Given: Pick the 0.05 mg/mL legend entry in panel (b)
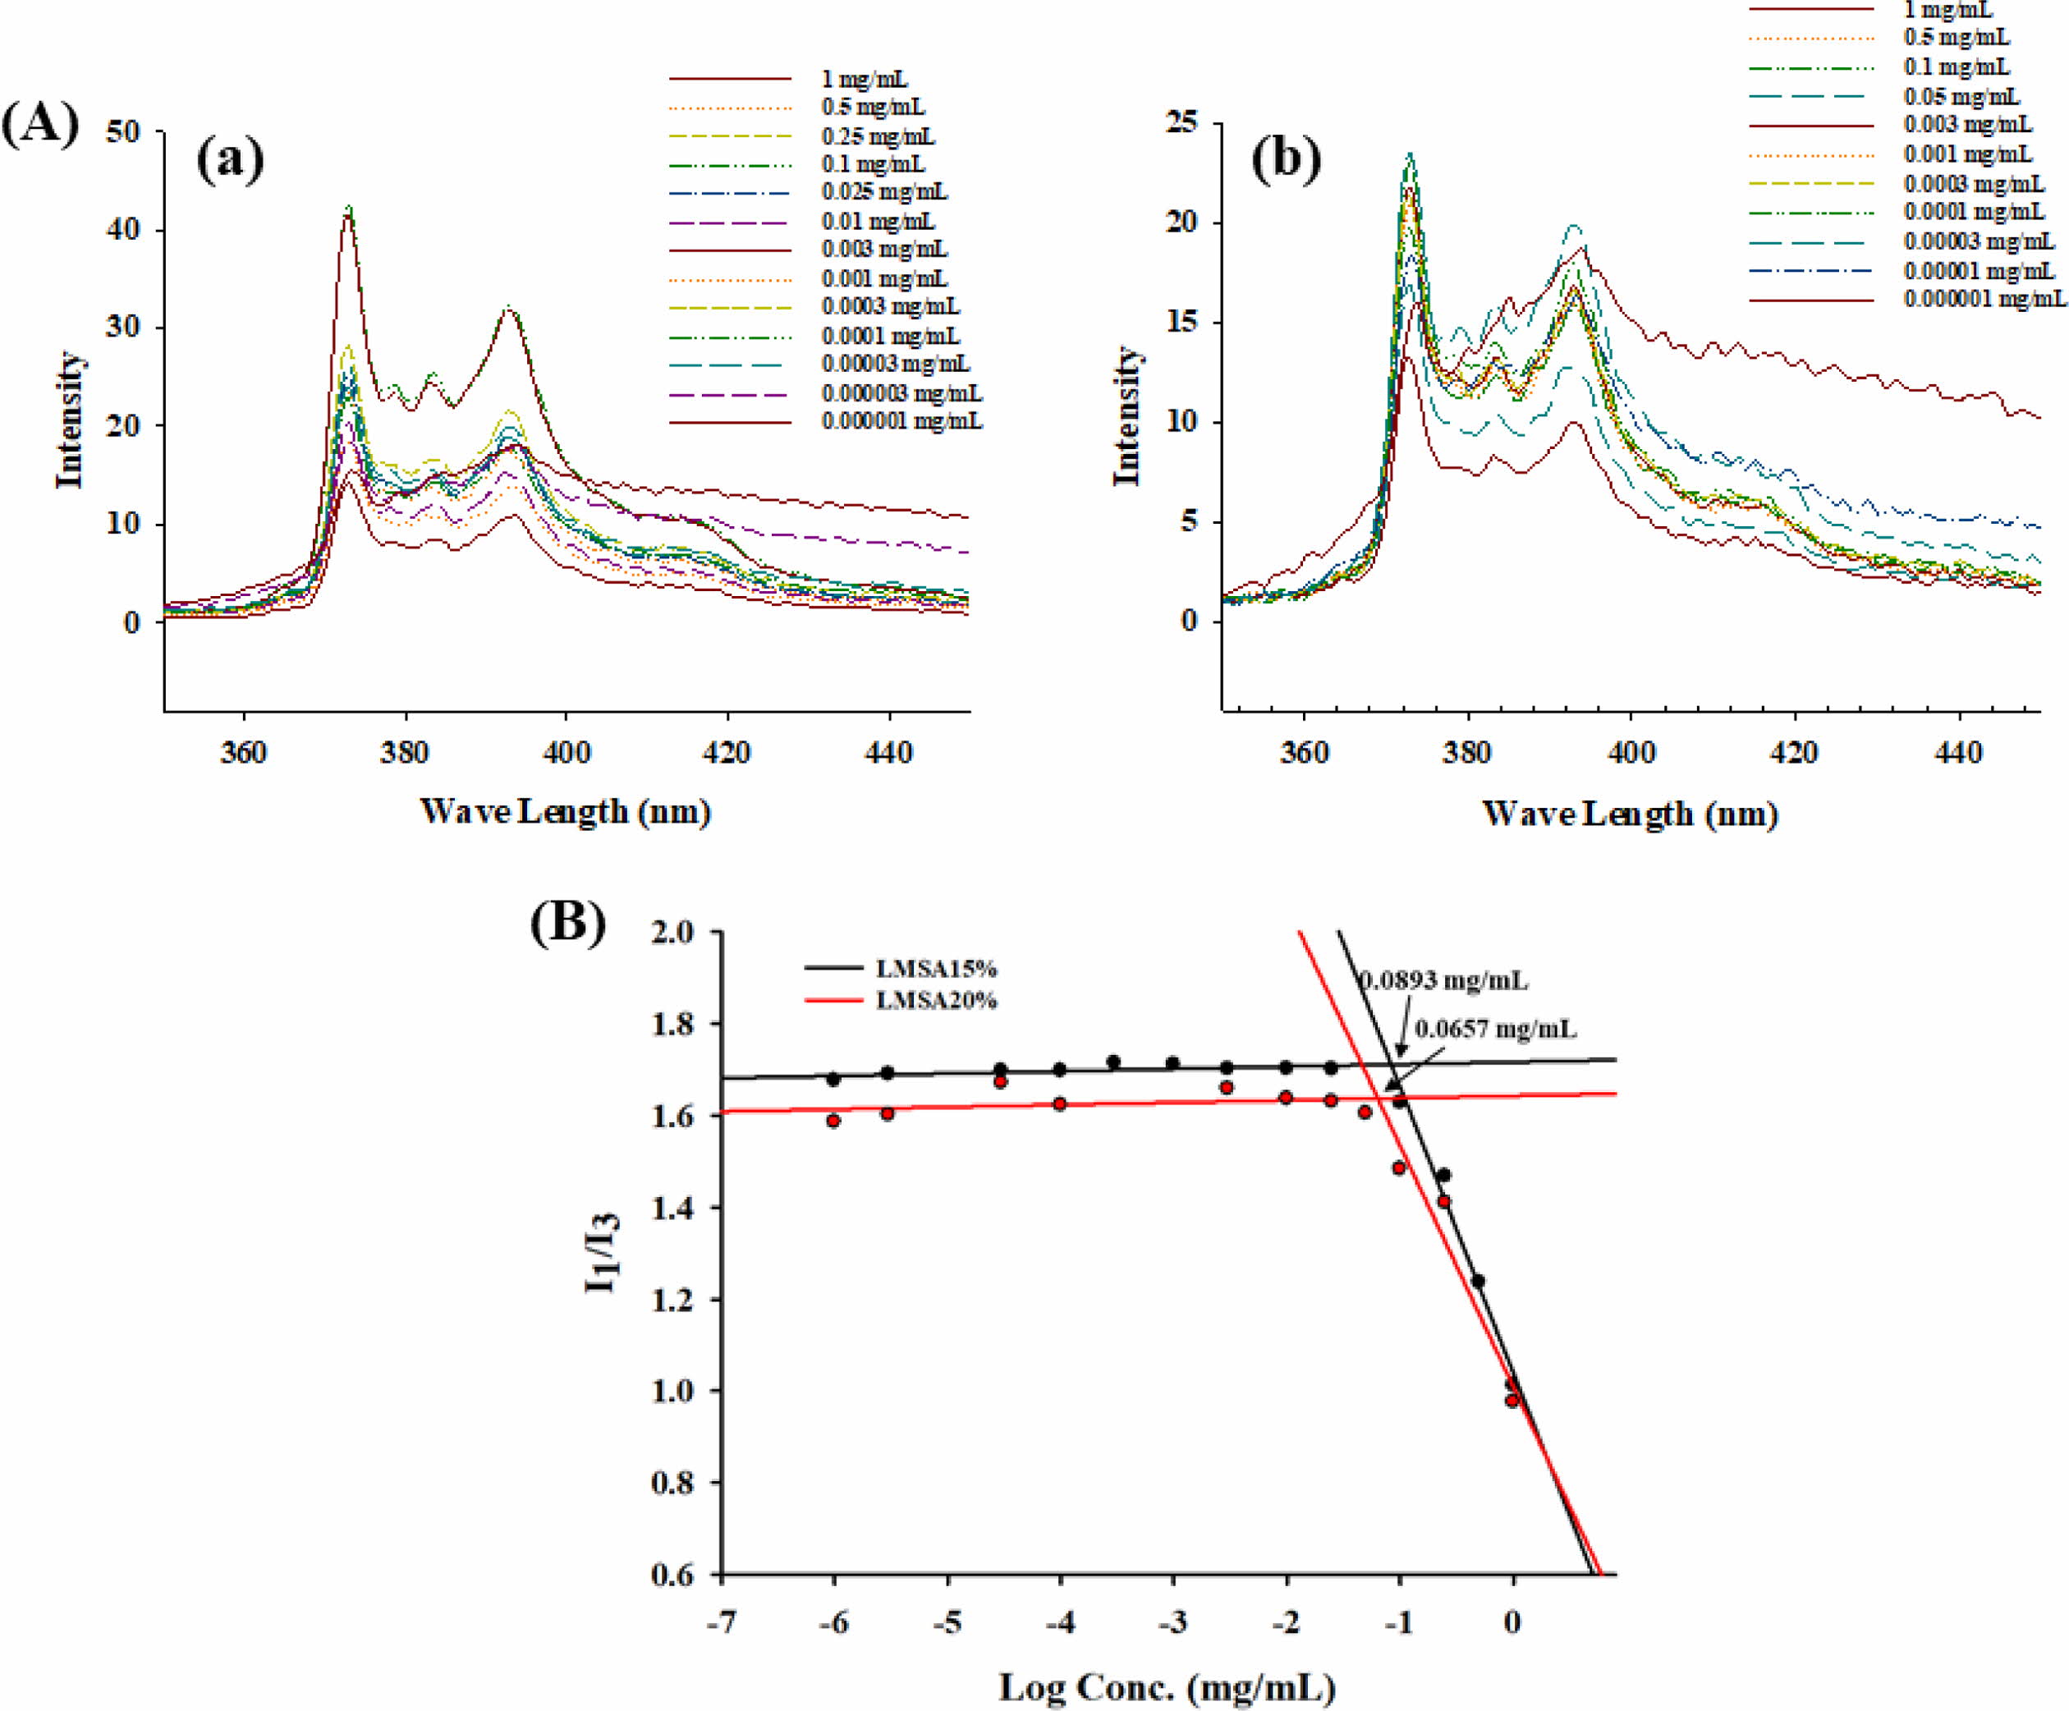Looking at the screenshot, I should click(x=1961, y=97).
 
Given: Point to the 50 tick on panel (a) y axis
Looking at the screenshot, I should click(x=122, y=131).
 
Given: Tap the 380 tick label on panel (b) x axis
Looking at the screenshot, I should click(x=1467, y=754).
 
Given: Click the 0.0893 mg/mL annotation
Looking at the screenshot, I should click(x=1443, y=981).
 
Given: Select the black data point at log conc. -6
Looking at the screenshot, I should click(x=833, y=1079).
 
